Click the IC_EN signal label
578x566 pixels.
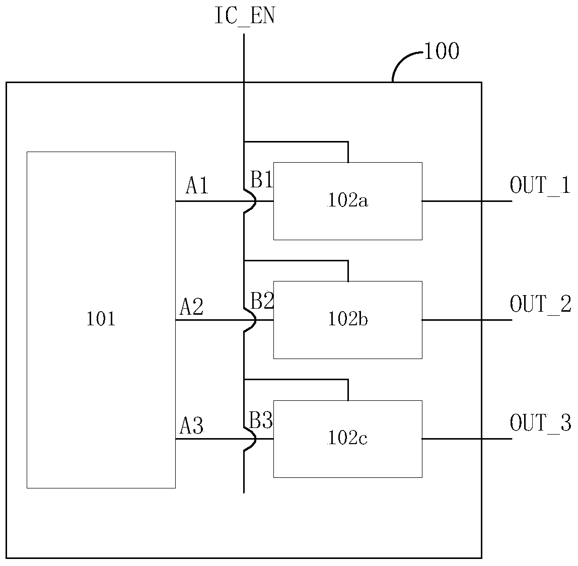[x=245, y=16]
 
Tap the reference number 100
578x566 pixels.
[x=442, y=51]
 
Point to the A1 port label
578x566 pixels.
[x=197, y=185]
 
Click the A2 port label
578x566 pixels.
[x=191, y=306]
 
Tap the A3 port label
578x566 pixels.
[x=191, y=426]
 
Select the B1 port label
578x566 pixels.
[x=261, y=180]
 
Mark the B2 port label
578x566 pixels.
[x=262, y=301]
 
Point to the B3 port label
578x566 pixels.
[x=261, y=420]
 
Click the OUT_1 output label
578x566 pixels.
[x=540, y=185]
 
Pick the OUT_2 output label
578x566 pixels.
[x=540, y=304]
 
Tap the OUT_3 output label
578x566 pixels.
[x=540, y=423]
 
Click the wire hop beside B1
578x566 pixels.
[x=255, y=201]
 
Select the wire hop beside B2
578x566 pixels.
[x=255, y=320]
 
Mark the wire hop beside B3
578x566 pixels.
[x=255, y=439]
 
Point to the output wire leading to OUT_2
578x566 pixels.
[x=467, y=320]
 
